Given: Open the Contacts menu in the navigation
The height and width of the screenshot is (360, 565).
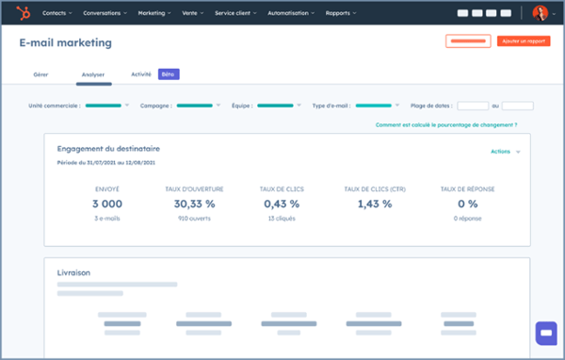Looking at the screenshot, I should point(56,14).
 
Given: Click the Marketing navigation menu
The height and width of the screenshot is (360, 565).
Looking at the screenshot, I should point(153,14).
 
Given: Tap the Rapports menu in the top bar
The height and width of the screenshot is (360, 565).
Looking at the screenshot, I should point(341,14).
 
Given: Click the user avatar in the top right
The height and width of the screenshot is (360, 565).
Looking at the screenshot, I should point(541,13).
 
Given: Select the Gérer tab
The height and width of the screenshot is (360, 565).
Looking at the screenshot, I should point(41,74).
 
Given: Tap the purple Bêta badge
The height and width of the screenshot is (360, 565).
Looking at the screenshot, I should point(169,74).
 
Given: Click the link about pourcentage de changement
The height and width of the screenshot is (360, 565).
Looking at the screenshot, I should point(445,124).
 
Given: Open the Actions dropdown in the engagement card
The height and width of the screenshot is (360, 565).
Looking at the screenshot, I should point(505,151).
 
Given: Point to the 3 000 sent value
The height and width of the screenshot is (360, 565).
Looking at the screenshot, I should point(107,204).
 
